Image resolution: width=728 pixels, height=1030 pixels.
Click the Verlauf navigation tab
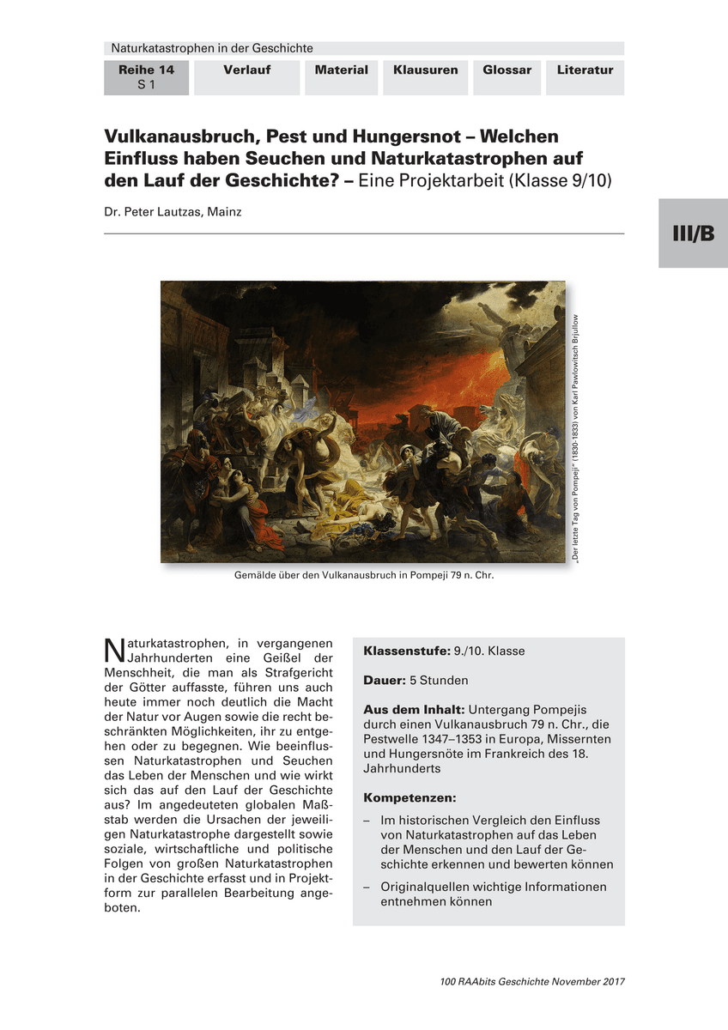coord(247,70)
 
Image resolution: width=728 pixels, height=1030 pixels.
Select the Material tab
coord(341,70)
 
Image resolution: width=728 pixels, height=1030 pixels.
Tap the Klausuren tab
coord(425,70)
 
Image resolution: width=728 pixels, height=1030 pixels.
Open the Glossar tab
coord(507,70)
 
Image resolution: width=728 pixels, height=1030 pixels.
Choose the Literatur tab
coord(585,70)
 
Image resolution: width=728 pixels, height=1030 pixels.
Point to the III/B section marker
coord(693,233)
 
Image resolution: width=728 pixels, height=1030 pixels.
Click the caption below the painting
coord(364,576)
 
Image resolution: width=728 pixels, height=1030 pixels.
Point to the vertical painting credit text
coord(575,438)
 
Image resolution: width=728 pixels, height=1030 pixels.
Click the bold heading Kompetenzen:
coord(409,797)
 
